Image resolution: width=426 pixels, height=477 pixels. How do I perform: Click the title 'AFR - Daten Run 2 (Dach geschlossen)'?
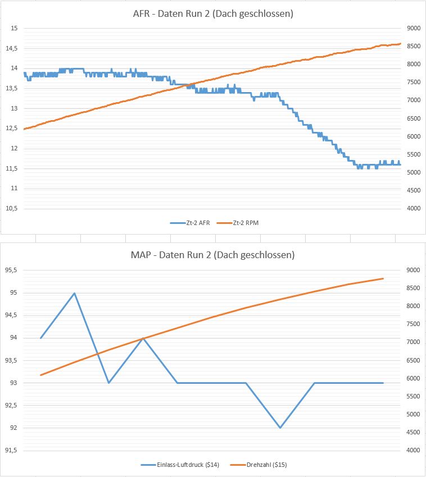click(213, 14)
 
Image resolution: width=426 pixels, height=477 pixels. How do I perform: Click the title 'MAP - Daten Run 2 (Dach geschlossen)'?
click(213, 255)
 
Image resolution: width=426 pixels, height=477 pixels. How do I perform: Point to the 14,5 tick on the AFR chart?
click(11, 48)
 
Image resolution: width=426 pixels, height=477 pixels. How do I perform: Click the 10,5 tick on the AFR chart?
click(11, 208)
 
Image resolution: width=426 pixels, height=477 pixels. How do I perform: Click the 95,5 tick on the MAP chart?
click(11, 270)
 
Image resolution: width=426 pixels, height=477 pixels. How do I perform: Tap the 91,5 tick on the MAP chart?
click(11, 450)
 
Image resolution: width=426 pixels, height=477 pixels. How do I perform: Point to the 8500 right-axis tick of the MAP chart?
click(414, 288)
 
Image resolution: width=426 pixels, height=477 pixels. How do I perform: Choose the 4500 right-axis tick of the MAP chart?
click(414, 432)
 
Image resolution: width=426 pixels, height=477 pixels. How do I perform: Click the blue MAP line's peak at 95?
click(75, 293)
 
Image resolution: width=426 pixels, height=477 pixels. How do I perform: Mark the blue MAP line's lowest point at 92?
click(280, 428)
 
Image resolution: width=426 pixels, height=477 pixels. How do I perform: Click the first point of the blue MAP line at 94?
click(40, 338)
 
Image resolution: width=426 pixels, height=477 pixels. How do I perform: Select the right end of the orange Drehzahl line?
click(383, 278)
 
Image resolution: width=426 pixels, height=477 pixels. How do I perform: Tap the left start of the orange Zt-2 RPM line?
click(24, 129)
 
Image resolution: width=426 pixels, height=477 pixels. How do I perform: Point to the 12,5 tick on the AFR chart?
click(11, 129)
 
